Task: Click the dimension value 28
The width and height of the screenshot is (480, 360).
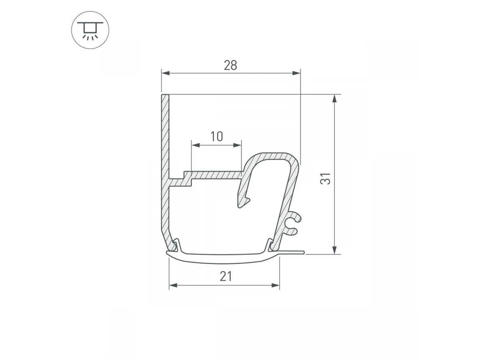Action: (x=230, y=65)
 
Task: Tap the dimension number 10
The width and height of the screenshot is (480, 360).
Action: (x=216, y=136)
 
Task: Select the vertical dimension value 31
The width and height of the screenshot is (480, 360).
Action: (x=325, y=178)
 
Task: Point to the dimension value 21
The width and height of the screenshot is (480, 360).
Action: (x=226, y=276)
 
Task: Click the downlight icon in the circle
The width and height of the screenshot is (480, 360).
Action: (x=90, y=30)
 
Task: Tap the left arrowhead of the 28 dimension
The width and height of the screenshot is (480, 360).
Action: (x=166, y=73)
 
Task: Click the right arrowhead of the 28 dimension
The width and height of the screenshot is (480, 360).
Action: (x=296, y=73)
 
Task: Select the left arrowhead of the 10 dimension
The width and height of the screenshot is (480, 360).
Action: (x=196, y=145)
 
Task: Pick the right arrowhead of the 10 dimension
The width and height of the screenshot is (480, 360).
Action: (x=237, y=145)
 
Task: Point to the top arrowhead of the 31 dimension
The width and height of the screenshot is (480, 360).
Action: (x=334, y=98)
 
